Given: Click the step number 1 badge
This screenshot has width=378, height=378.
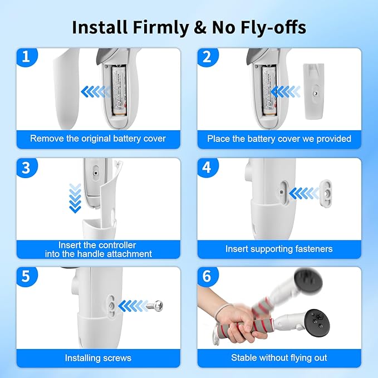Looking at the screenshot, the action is [27, 57].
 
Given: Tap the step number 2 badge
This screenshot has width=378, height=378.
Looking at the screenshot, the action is [207, 57].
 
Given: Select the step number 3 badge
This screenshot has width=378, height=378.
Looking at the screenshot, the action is [27, 168].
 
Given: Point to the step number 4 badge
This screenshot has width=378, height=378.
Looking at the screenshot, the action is [207, 168].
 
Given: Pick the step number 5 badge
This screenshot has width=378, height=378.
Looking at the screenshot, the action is [27, 277].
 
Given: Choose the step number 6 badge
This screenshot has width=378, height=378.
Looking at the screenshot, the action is [207, 277].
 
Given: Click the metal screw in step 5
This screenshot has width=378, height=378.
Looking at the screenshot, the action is [156, 306].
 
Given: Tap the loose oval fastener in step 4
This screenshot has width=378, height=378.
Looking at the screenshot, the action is [326, 193].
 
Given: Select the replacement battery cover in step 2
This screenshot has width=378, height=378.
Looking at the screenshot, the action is [313, 91].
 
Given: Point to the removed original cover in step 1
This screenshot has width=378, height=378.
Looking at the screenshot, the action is [66, 89].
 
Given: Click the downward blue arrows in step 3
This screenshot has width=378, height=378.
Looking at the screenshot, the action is [75, 198].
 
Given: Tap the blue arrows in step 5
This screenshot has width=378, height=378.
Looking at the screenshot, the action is [133, 306].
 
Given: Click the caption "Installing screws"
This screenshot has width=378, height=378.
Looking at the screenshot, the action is [98, 358].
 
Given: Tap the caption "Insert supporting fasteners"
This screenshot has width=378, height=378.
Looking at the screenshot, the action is [279, 248].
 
